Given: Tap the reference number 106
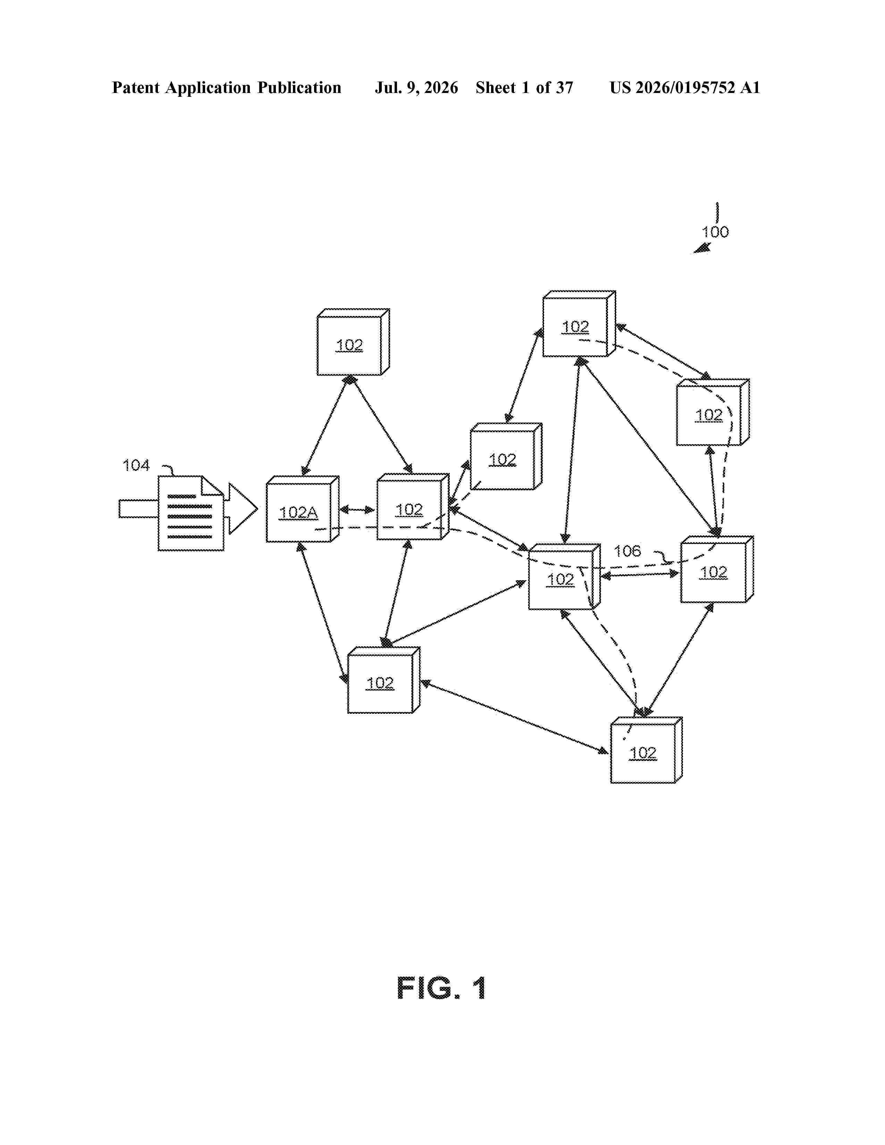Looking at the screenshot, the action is (x=627, y=551).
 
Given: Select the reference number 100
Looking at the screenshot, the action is (x=715, y=232).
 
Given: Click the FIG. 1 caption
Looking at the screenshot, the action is (x=441, y=988).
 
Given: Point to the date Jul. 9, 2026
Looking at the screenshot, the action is (x=416, y=87).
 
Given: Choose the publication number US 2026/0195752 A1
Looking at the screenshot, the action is (x=685, y=87).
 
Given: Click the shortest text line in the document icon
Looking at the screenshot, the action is (x=182, y=496).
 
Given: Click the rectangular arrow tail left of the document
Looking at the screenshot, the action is (x=138, y=509).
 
